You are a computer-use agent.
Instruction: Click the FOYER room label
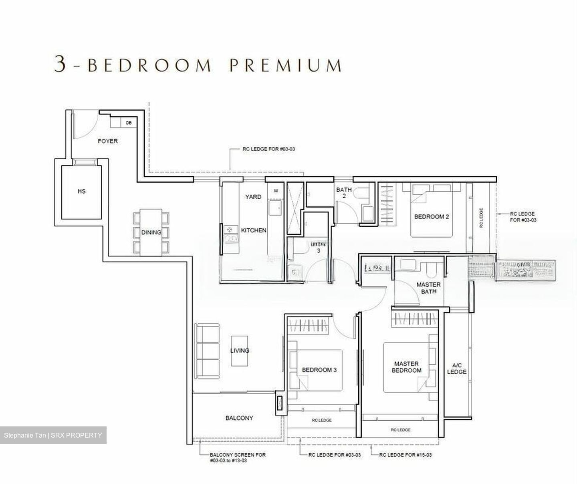(x=108, y=141)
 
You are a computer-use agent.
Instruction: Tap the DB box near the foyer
(x=129, y=123)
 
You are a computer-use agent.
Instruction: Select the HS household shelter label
(x=81, y=192)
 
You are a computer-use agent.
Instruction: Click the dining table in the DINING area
(x=151, y=232)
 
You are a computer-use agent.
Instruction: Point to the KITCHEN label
(x=254, y=230)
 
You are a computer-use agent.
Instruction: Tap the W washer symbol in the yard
(x=276, y=191)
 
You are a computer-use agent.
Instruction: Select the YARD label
(x=253, y=197)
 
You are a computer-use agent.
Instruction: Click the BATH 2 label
(x=344, y=193)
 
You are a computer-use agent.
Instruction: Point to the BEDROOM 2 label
(x=431, y=217)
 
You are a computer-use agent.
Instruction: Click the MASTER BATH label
(x=428, y=288)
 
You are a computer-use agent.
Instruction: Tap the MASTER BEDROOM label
(x=406, y=367)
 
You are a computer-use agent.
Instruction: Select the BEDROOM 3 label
(x=319, y=370)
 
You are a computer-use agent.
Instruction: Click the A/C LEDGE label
(x=457, y=368)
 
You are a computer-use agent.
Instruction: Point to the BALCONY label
(x=239, y=418)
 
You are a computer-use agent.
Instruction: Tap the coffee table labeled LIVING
(x=240, y=350)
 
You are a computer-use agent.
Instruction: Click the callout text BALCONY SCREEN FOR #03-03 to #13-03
(x=238, y=458)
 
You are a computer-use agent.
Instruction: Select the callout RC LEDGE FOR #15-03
(x=406, y=455)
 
